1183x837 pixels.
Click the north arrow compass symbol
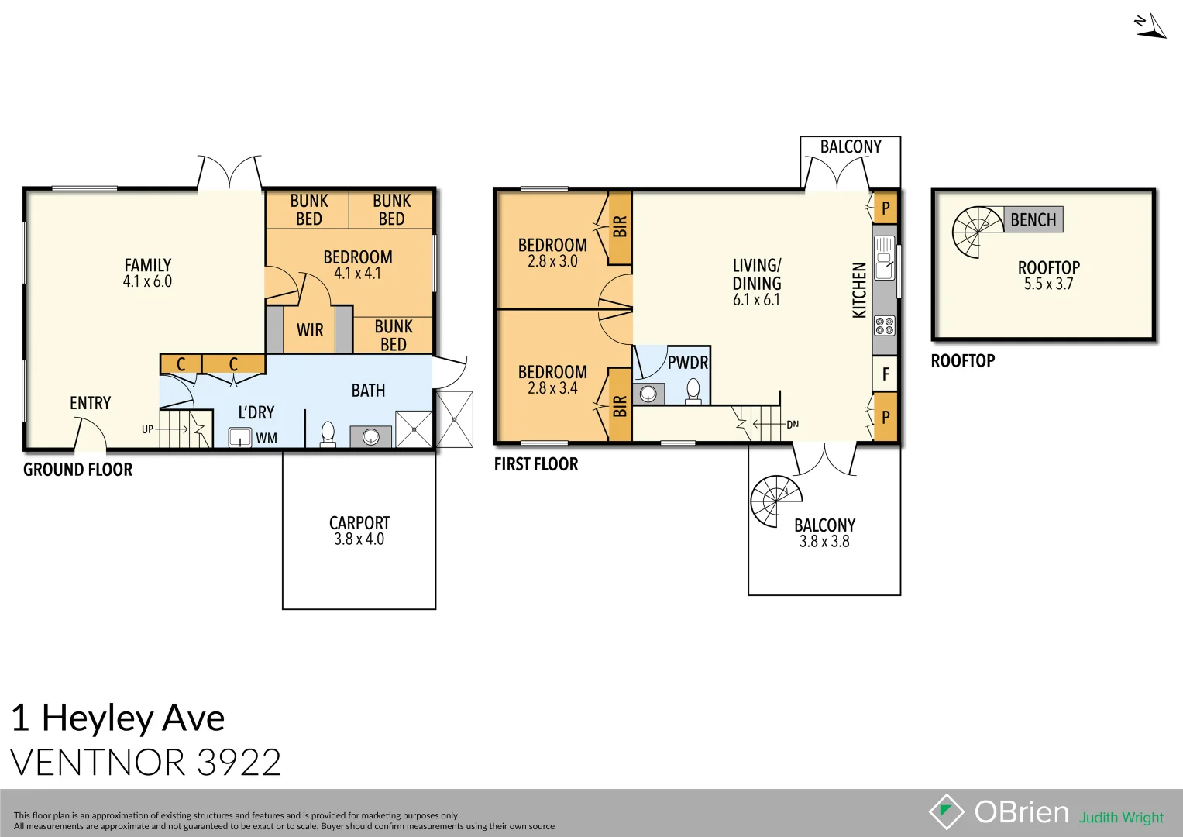(x=1151, y=26)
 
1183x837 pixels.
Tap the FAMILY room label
(x=147, y=265)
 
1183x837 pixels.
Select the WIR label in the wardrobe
(x=310, y=330)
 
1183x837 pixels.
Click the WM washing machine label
(x=267, y=439)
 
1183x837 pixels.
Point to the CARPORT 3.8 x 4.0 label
(x=359, y=531)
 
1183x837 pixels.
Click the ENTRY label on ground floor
(x=90, y=403)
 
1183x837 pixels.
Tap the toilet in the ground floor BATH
(x=328, y=434)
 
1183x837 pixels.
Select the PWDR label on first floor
(x=687, y=363)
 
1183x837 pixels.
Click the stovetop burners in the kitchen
(x=884, y=325)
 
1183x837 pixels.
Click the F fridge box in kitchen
(x=886, y=374)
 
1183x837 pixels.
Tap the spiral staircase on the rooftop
(x=976, y=232)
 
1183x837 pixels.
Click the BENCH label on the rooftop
(x=1033, y=220)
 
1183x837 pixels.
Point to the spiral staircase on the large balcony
(x=775, y=501)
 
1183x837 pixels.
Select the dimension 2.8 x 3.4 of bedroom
(x=552, y=388)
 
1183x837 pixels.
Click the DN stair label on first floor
(x=793, y=425)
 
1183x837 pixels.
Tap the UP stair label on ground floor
(x=147, y=429)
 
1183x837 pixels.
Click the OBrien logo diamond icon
(x=946, y=811)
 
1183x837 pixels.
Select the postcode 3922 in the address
(x=239, y=763)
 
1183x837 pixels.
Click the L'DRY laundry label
(x=256, y=412)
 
